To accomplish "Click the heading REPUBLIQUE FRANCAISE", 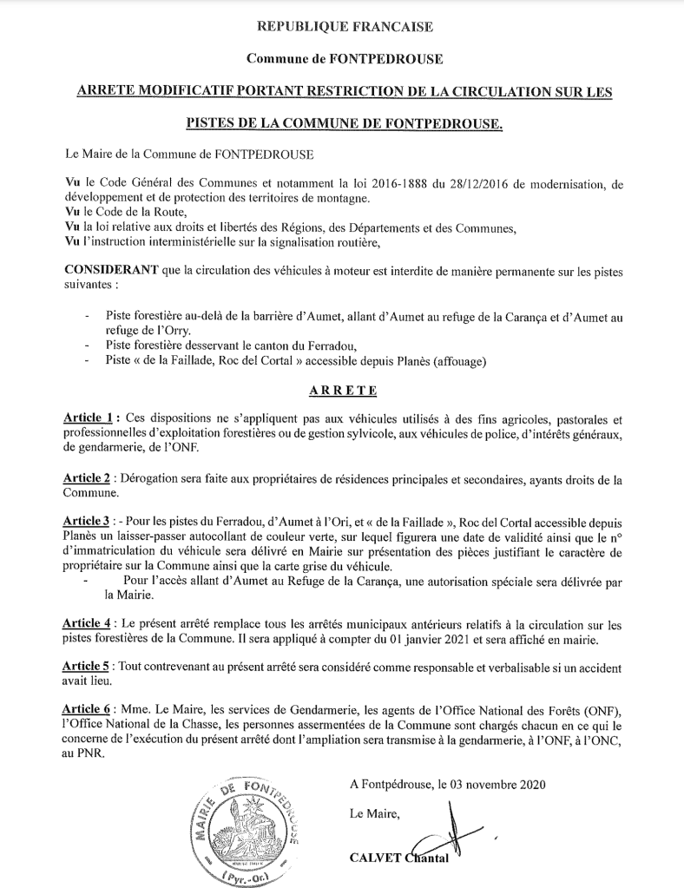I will (x=345, y=28).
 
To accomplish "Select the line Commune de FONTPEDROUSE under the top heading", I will (x=345, y=59).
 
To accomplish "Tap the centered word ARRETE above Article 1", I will (x=340, y=391).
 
